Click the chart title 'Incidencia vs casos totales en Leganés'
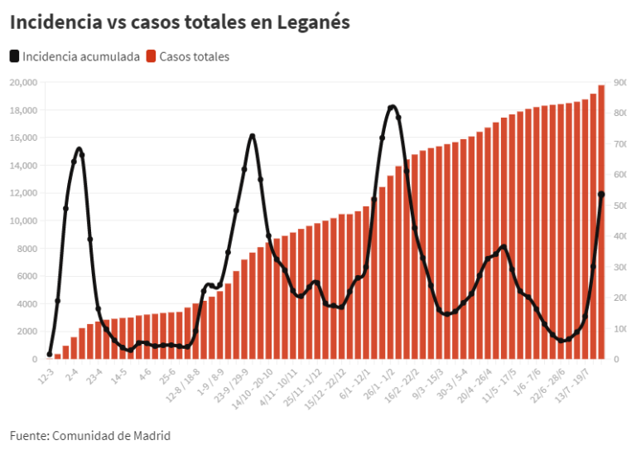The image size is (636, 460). tap(180, 22)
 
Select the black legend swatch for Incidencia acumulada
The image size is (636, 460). tap(15, 56)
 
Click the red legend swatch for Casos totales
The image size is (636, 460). tap(152, 56)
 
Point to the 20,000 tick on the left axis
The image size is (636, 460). tap(22, 82)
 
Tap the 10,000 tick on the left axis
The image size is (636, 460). tap(22, 220)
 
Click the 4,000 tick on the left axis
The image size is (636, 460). tap(25, 303)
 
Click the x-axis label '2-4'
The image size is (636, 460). tap(71, 375)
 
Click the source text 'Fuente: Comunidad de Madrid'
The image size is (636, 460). tap(90, 435)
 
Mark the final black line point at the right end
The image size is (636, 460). tap(601, 194)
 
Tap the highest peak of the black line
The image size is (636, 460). tap(392, 107)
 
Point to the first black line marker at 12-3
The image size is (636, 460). tap(50, 355)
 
